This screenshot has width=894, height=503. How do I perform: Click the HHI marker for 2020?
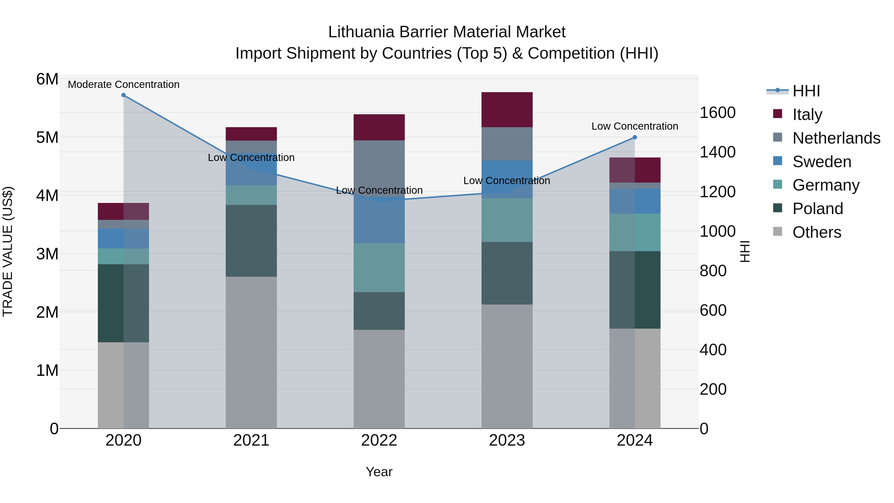(124, 95)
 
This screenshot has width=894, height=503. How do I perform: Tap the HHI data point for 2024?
(635, 137)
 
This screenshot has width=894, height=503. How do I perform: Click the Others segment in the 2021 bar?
(251, 352)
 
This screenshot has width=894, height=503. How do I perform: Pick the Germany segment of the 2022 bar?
(379, 268)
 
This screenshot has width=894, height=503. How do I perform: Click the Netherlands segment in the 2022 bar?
(379, 168)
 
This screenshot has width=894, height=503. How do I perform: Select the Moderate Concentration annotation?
(124, 85)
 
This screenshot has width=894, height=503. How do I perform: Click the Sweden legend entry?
(821, 162)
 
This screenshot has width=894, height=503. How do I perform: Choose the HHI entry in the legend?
(806, 91)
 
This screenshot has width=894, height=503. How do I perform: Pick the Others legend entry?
(817, 232)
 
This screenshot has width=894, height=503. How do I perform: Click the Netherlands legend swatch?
(778, 137)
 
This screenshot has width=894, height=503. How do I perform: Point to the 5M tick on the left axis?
(47, 137)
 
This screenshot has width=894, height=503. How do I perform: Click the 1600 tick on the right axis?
(717, 113)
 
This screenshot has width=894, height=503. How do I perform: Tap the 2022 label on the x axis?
(379, 440)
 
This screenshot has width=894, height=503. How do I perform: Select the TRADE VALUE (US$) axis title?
(8, 251)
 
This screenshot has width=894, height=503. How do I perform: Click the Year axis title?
(379, 472)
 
